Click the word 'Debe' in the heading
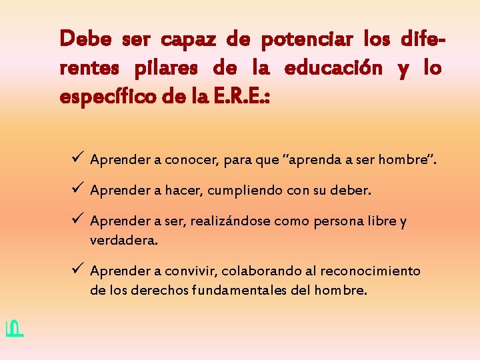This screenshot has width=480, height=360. tap(85, 39)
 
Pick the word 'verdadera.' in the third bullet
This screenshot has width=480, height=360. tap(124, 240)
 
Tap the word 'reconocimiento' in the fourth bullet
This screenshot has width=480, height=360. tap(371, 271)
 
